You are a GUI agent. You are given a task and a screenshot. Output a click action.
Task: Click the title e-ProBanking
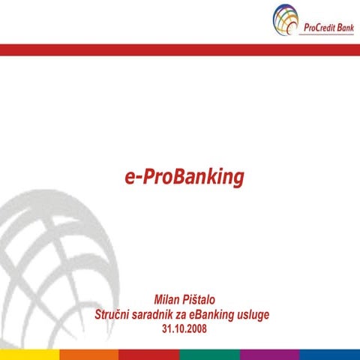[x=184, y=177]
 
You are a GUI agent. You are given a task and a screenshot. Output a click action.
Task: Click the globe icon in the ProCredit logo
[x=286, y=19]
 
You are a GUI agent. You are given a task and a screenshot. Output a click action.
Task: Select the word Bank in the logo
[x=343, y=27]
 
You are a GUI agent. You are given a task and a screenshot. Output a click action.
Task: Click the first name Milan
[x=168, y=300]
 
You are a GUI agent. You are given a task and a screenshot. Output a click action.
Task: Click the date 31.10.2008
[x=184, y=328]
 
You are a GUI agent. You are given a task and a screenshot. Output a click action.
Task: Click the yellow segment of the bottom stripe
[x=29, y=354]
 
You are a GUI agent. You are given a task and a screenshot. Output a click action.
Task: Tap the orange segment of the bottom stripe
[x=89, y=354]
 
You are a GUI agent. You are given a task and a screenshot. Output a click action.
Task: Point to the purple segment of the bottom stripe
[x=269, y=354]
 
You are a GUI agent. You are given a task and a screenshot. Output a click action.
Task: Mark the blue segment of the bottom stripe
[x=330, y=354]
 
